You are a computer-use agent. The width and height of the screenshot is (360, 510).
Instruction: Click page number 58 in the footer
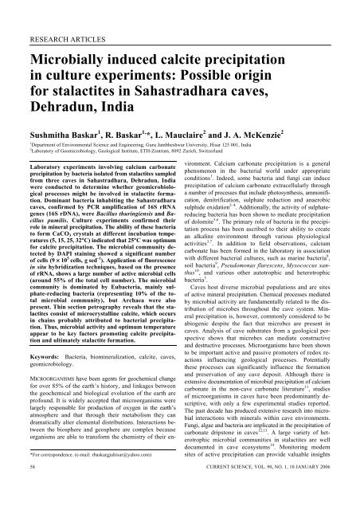coord(24,503)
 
